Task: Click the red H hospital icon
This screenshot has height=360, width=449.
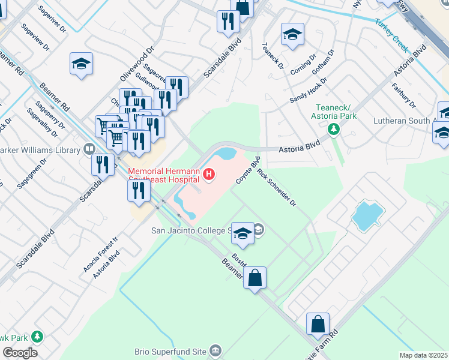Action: coord(209,175)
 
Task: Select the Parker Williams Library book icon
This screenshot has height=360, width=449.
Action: coord(89,148)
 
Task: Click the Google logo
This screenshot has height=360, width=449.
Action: coord(20,353)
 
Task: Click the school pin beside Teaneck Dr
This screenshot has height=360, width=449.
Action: coord(292,35)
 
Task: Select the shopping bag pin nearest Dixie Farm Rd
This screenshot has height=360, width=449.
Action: coord(318,324)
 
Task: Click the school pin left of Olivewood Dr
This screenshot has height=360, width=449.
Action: coord(81,64)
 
